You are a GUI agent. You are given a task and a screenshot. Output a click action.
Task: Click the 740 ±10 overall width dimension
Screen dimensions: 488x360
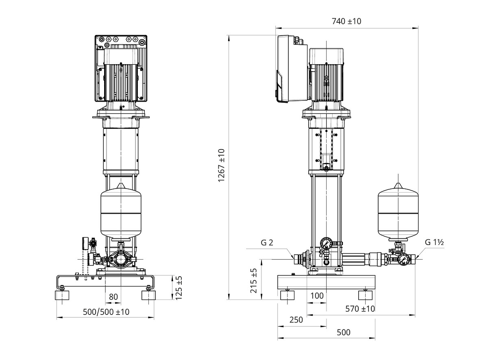[346, 21]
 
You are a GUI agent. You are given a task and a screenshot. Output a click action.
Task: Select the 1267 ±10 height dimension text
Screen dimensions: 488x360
[221, 165]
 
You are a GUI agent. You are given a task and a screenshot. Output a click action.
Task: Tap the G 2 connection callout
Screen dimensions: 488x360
[267, 243]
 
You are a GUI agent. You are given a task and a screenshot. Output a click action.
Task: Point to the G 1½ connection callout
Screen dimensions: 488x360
[434, 242]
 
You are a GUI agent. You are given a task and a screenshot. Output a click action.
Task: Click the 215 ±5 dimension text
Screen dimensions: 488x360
[254, 281]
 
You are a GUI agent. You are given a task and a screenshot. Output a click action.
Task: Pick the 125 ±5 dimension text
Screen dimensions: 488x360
[179, 288]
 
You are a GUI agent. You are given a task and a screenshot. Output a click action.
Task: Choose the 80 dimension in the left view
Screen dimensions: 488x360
[113, 297]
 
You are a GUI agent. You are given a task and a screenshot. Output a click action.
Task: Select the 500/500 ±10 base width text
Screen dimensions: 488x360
[106, 312]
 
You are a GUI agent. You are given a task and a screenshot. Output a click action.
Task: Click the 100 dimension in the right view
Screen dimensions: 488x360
[317, 296]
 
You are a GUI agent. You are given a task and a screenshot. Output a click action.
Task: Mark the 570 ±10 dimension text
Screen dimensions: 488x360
[360, 309]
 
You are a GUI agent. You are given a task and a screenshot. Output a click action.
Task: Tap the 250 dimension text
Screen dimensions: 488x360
[296, 320]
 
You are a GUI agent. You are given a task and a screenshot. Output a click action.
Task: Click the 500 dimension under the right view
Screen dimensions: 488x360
[344, 332]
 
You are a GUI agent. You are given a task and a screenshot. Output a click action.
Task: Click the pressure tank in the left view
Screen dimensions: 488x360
[121, 212]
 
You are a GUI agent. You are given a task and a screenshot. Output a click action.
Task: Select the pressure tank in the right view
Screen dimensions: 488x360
[398, 212]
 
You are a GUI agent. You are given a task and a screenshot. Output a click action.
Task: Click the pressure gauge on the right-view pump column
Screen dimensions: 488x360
[326, 243]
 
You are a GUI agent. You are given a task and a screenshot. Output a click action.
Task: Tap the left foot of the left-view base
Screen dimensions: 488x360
[62, 295]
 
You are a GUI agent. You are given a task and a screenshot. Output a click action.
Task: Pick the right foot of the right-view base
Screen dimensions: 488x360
[365, 295]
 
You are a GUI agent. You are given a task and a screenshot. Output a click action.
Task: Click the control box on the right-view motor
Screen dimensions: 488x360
[292, 69]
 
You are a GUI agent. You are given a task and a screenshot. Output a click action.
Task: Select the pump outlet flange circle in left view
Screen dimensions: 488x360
[121, 260]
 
